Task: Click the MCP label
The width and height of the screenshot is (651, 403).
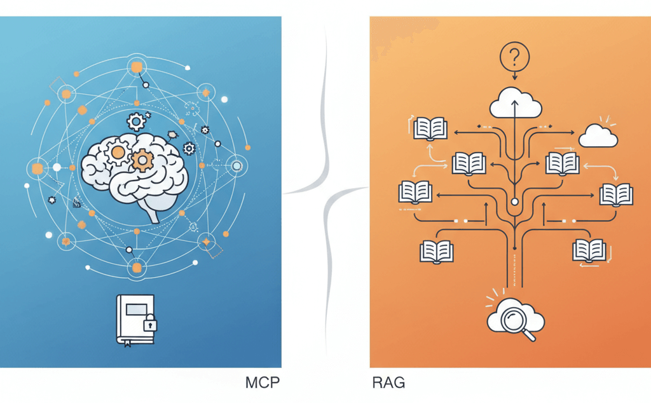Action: pos(263,383)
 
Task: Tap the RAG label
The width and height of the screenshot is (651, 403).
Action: pos(388,383)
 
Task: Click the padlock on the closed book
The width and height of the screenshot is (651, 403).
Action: pos(149,324)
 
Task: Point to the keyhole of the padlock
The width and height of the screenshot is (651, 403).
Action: pos(149,326)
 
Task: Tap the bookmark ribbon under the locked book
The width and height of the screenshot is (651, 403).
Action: pos(127,345)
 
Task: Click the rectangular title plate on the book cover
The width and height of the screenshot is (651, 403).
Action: pos(134,310)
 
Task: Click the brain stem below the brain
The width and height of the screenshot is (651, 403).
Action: pos(153,213)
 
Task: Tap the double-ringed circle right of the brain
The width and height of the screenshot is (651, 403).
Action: pos(237,166)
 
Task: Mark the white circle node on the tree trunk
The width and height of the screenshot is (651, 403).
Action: pos(514,203)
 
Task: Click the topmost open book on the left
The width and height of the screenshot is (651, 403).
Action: pos(430,128)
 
